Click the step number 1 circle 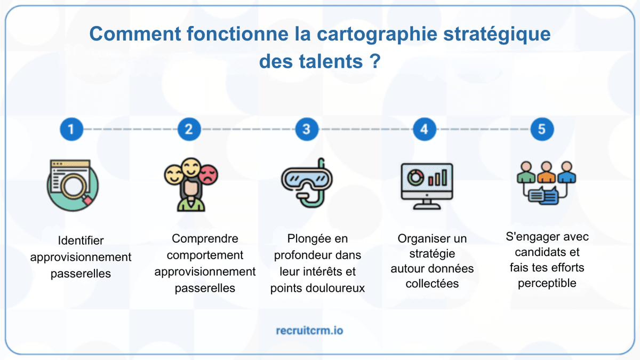pos(71,130)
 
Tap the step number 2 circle pos(189,130)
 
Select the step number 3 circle pos(306,130)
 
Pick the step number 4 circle pos(424,130)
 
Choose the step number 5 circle pos(542,130)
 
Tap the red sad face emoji pos(208,174)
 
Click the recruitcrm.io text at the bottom pos(310,331)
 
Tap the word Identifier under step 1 pos(81,241)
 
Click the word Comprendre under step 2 pos(205,238)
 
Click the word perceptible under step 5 pos(547,283)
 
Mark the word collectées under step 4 pos(432,284)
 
